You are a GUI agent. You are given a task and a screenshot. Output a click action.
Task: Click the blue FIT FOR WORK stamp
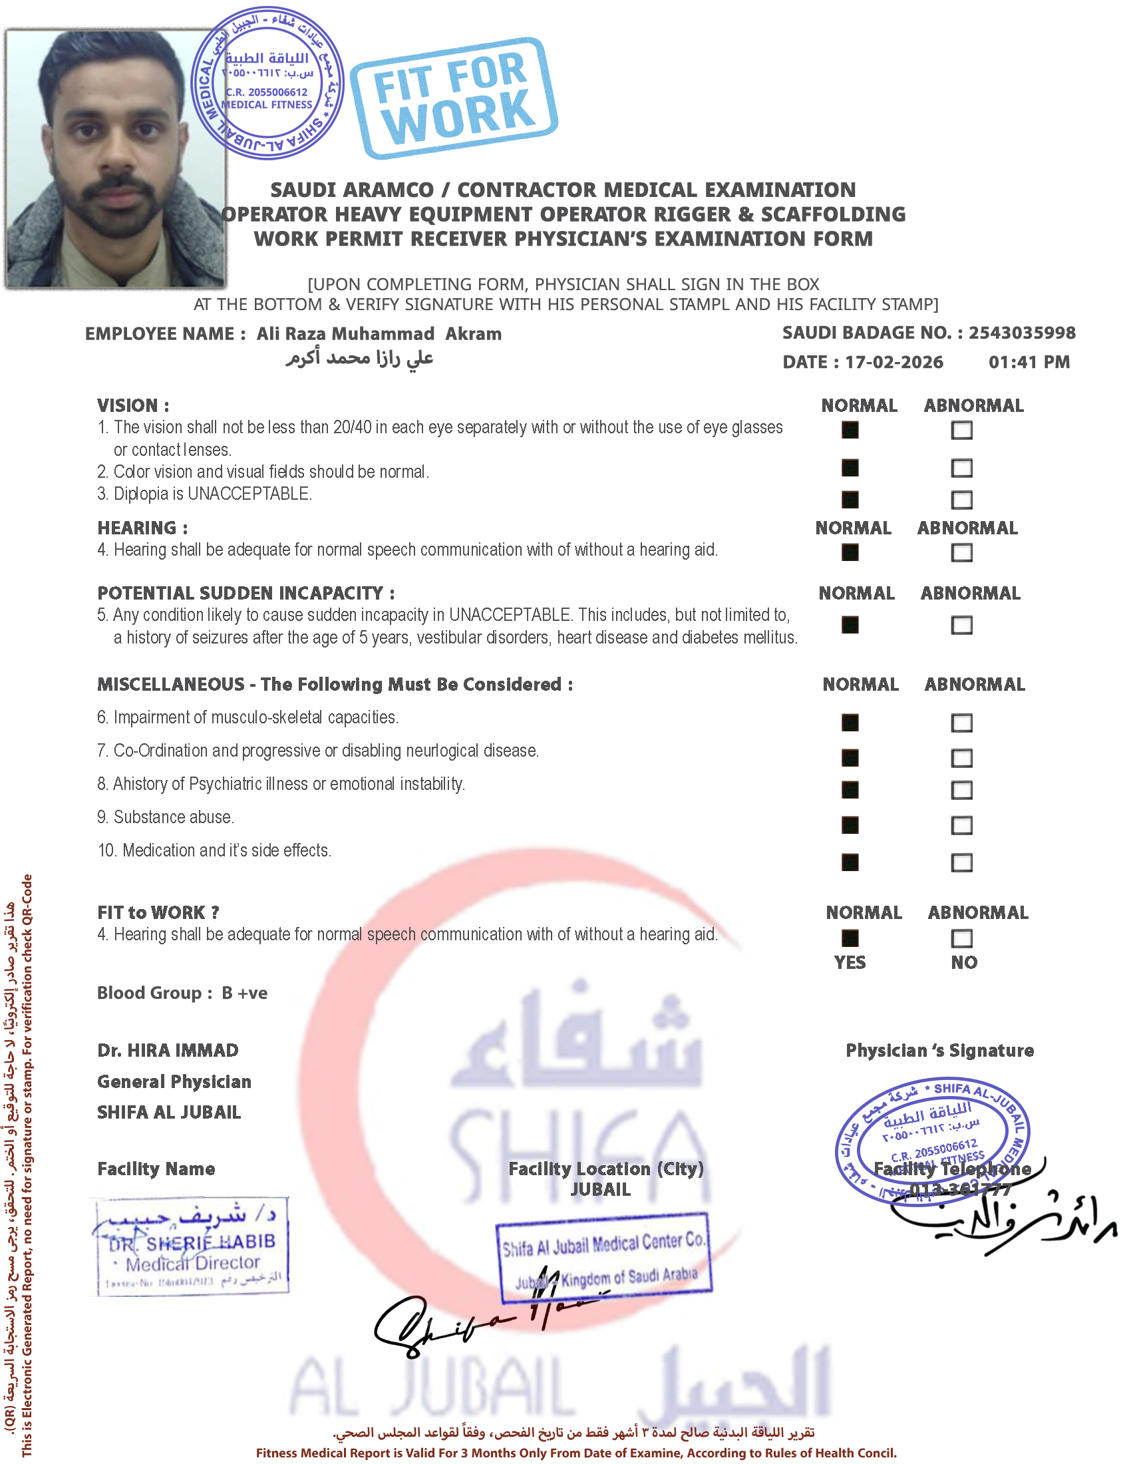(x=454, y=98)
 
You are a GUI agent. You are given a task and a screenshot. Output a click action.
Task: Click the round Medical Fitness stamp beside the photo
(x=267, y=83)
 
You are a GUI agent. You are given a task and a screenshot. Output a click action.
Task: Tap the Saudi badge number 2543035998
(x=1022, y=333)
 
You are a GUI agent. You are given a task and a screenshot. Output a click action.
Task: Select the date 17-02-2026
(x=893, y=362)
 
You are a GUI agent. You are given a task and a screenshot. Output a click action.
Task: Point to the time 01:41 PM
(x=1029, y=362)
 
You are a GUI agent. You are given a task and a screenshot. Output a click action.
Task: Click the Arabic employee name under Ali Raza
(x=360, y=358)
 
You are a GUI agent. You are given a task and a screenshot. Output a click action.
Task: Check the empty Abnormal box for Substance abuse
(x=961, y=825)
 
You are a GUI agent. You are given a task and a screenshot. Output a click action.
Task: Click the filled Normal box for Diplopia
(x=850, y=499)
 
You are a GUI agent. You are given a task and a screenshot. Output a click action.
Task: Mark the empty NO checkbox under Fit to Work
(x=961, y=938)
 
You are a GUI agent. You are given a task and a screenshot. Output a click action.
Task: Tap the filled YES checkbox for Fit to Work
(x=850, y=938)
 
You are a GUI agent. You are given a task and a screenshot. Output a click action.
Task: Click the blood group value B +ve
(x=245, y=993)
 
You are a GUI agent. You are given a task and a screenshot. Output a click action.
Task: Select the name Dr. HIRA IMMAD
(x=168, y=1050)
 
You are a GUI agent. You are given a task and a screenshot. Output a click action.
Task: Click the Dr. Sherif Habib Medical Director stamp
(x=192, y=1247)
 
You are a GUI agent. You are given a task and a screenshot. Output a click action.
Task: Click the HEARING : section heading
(x=142, y=528)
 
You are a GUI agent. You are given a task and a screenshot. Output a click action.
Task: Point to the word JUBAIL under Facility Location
(x=600, y=1190)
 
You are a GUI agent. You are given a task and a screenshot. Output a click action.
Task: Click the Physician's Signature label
(x=939, y=1050)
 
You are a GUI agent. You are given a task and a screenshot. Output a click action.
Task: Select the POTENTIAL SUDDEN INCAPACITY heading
(x=245, y=593)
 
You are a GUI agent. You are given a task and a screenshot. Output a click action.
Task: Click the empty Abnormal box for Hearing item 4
(x=961, y=552)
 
